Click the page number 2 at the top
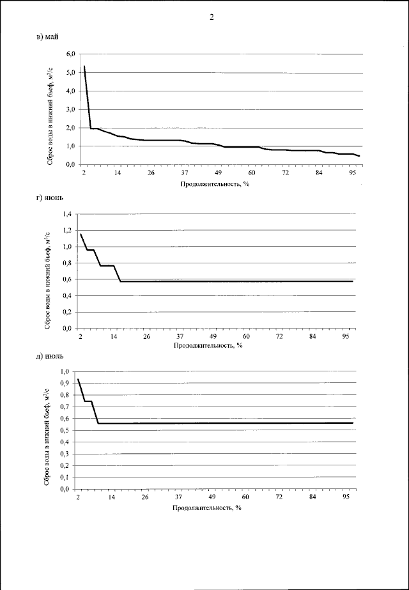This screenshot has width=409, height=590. point(211,17)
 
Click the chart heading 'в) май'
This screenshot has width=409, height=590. point(48,37)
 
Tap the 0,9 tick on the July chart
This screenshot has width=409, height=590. point(65,384)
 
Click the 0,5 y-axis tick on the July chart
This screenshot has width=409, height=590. point(65,430)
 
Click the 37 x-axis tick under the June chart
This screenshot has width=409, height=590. point(180,337)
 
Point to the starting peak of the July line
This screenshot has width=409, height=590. point(79,380)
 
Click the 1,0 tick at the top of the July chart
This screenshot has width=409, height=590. point(65,372)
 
